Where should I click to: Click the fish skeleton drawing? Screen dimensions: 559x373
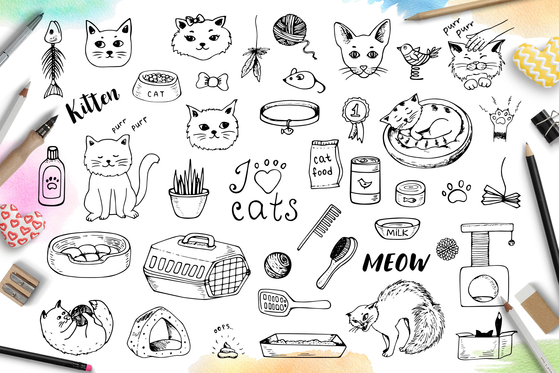coord(54,60)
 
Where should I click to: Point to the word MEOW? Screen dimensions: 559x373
coord(396,263)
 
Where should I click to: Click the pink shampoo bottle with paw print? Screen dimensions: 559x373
coord(52,176)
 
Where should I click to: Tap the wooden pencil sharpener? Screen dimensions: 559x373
coord(18,285)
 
